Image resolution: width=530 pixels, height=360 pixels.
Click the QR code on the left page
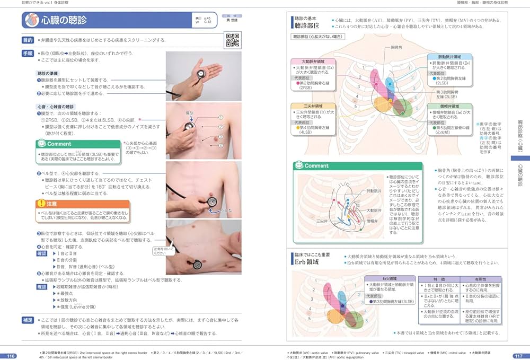(231, 39)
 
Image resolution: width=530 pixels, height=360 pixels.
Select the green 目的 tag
(28, 40)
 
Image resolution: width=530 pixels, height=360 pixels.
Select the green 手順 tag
(28, 54)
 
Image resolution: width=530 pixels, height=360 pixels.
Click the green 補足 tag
(28, 320)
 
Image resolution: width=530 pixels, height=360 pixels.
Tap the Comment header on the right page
(316, 166)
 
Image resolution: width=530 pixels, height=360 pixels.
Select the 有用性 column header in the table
(480, 278)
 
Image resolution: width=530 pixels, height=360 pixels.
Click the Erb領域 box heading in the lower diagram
(390, 278)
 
